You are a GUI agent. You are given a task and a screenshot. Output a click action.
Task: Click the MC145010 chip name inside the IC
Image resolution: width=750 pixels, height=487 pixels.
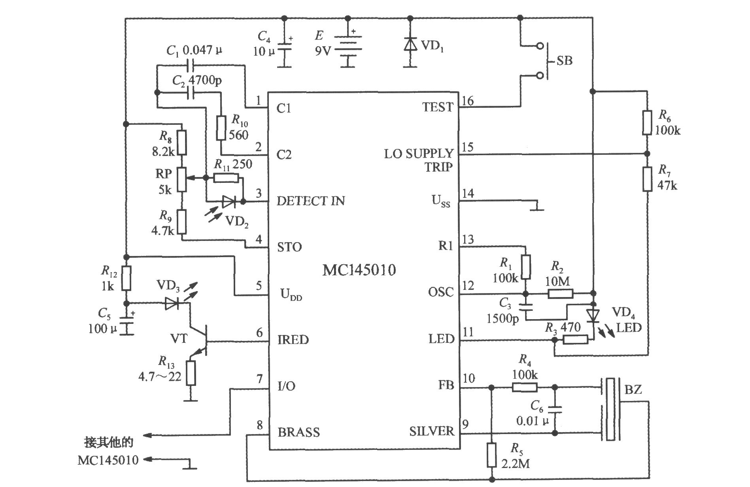(x=359, y=270)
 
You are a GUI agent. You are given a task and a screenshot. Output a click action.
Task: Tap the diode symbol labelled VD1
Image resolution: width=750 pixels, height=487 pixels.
(x=410, y=44)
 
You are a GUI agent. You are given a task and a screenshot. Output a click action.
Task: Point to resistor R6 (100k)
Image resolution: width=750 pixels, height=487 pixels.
(x=647, y=122)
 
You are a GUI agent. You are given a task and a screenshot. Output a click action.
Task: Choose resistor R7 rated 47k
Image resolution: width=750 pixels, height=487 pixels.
(x=647, y=179)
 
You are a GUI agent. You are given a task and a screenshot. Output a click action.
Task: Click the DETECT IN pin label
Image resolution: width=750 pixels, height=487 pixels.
(x=311, y=201)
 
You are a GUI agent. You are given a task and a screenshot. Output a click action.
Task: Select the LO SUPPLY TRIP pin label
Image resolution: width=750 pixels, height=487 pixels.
(x=419, y=160)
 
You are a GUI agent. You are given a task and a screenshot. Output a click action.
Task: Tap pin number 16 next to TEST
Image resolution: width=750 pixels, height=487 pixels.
(x=468, y=101)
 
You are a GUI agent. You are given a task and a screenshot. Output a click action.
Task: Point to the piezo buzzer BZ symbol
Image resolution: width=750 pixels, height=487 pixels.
(x=611, y=409)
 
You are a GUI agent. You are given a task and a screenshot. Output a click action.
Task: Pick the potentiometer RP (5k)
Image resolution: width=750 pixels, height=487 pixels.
(x=181, y=179)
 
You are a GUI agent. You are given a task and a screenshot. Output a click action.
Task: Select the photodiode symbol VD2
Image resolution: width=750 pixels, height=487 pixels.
(x=229, y=202)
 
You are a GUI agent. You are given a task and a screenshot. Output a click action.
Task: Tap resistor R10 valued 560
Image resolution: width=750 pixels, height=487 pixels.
(x=221, y=128)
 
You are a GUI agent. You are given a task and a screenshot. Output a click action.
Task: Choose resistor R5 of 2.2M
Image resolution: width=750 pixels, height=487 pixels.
(x=491, y=455)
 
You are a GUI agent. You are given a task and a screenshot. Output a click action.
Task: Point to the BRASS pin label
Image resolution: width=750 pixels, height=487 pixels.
(x=298, y=432)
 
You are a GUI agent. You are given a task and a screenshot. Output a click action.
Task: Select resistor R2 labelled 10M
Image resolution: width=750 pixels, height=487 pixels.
(x=560, y=293)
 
